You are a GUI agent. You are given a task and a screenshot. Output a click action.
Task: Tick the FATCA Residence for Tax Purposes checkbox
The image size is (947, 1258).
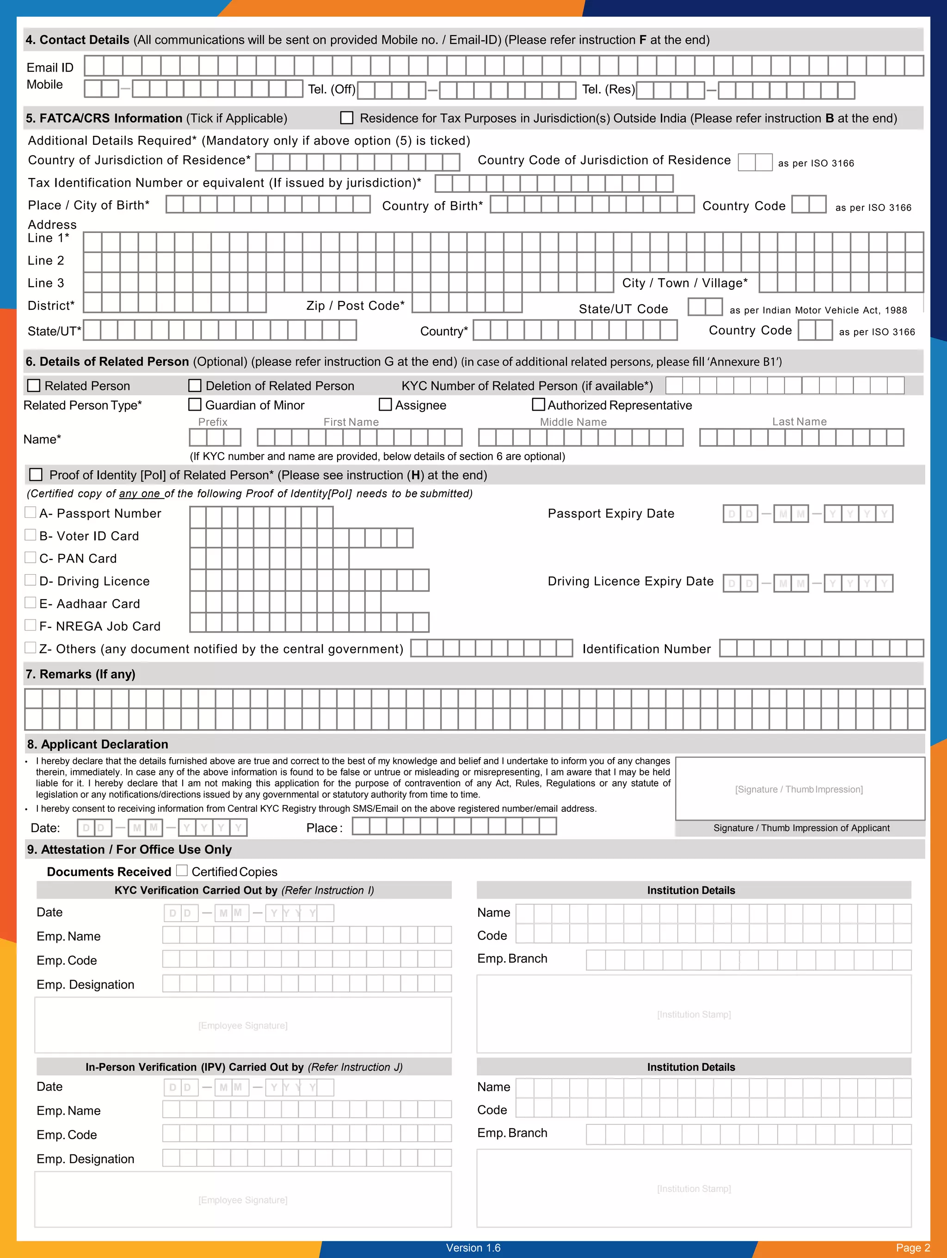pyautogui.click(x=346, y=118)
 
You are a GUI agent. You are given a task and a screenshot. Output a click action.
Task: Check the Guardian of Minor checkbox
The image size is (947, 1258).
pyautogui.click(x=195, y=405)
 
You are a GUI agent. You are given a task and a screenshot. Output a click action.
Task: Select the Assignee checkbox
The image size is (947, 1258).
pyautogui.click(x=385, y=405)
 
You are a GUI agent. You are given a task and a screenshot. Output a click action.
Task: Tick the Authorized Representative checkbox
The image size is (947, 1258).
pyautogui.click(x=538, y=405)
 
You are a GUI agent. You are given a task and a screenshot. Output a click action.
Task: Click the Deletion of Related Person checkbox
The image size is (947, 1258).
pyautogui.click(x=195, y=386)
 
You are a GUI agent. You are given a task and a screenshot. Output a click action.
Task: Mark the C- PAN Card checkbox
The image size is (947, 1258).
pyautogui.click(x=31, y=558)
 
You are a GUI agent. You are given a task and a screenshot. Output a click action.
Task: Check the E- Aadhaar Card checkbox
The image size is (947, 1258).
pyautogui.click(x=31, y=602)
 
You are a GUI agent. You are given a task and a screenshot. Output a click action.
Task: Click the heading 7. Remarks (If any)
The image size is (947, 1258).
pyautogui.click(x=80, y=674)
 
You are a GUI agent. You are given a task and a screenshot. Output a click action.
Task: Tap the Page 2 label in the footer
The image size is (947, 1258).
pyautogui.click(x=912, y=1248)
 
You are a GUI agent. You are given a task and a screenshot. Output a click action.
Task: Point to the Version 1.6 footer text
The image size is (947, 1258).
pyautogui.click(x=473, y=1248)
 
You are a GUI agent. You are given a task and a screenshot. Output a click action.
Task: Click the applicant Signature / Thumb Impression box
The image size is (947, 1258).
pyautogui.click(x=799, y=789)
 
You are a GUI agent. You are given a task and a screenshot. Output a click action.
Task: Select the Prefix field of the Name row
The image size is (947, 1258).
pyautogui.click(x=215, y=437)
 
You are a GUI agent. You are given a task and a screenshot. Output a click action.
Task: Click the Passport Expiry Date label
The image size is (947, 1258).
pyautogui.click(x=611, y=514)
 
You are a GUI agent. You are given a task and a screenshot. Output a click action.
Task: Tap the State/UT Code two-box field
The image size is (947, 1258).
pyautogui.click(x=705, y=307)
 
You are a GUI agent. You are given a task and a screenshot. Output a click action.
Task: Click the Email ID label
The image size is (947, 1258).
pyautogui.click(x=50, y=68)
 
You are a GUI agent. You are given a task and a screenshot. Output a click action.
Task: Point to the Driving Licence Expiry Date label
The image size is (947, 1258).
pyautogui.click(x=630, y=581)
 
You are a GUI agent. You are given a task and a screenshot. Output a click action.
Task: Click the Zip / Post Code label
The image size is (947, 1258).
pyautogui.click(x=356, y=306)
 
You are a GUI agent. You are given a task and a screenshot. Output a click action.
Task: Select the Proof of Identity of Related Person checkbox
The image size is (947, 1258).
pyautogui.click(x=36, y=474)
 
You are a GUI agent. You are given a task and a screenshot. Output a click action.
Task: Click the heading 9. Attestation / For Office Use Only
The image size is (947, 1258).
pyautogui.click(x=129, y=849)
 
